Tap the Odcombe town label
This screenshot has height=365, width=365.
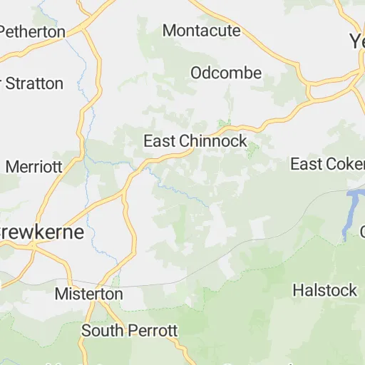(226, 73)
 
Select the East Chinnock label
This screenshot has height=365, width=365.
(195, 141)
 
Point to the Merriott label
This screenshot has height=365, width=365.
(34, 166)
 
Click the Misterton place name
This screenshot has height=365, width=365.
(88, 294)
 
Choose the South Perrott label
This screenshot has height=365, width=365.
(129, 331)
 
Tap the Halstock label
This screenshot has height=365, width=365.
(324, 290)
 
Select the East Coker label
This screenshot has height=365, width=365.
(327, 164)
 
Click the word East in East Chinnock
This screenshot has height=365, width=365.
(160, 141)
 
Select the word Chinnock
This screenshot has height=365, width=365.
(212, 141)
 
